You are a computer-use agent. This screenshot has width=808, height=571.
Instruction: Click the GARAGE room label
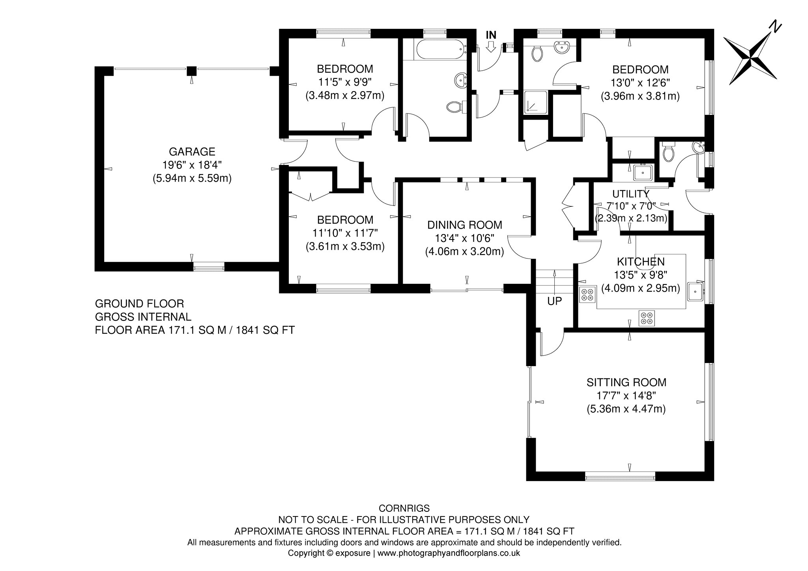(x=192, y=152)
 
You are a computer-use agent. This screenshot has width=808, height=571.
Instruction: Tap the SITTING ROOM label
(x=627, y=382)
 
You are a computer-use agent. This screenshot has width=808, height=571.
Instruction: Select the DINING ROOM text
(x=465, y=225)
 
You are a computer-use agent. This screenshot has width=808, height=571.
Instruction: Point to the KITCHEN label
(x=641, y=262)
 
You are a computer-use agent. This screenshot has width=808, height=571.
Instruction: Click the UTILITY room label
(x=630, y=194)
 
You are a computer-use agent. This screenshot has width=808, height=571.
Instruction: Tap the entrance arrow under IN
(x=491, y=47)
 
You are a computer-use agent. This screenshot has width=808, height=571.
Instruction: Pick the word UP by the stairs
(x=554, y=301)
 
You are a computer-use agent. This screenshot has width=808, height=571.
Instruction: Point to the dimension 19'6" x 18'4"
(x=192, y=165)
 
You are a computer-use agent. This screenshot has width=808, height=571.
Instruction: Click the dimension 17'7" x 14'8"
(x=627, y=395)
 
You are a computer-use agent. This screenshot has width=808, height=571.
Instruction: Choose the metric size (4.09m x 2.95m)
(x=641, y=288)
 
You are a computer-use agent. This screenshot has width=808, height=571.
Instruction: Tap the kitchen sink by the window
(x=695, y=291)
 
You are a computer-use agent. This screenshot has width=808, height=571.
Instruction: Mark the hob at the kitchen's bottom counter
(x=647, y=318)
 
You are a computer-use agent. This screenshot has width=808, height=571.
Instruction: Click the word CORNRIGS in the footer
(x=404, y=508)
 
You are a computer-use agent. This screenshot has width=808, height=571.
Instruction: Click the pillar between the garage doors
(x=191, y=71)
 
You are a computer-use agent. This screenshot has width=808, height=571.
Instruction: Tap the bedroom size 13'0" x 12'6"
(x=640, y=83)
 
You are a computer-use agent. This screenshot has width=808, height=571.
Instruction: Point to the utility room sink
(x=643, y=172)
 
